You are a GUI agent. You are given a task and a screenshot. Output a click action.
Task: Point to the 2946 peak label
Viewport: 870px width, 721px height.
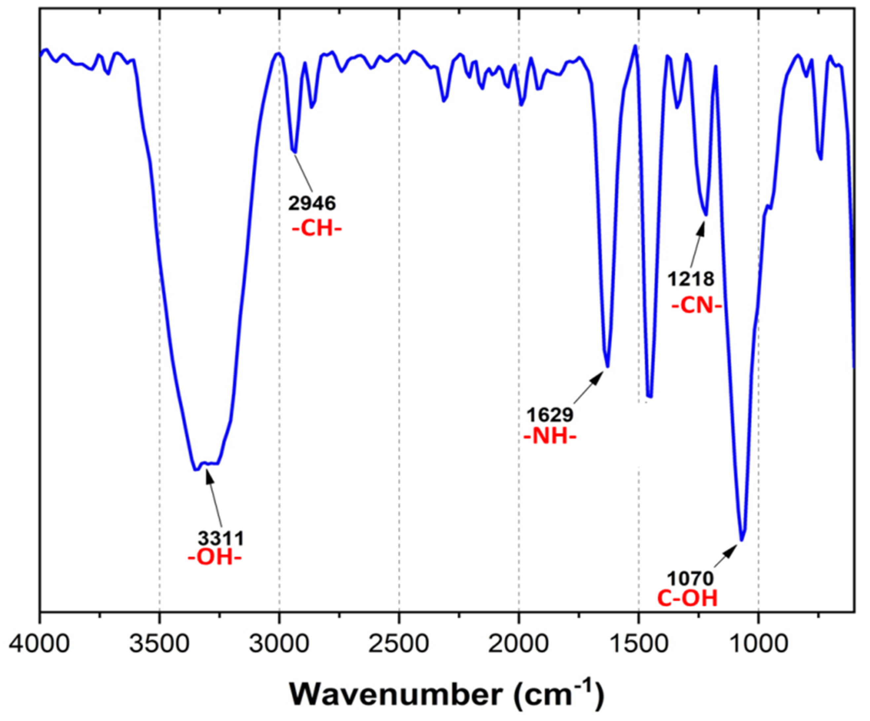pos(312,203)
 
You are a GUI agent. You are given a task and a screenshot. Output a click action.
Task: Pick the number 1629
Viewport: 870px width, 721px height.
pos(550,415)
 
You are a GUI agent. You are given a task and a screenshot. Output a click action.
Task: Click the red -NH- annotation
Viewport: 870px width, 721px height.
pos(550,437)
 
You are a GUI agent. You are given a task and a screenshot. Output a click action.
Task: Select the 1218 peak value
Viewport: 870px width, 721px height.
pos(691,279)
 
